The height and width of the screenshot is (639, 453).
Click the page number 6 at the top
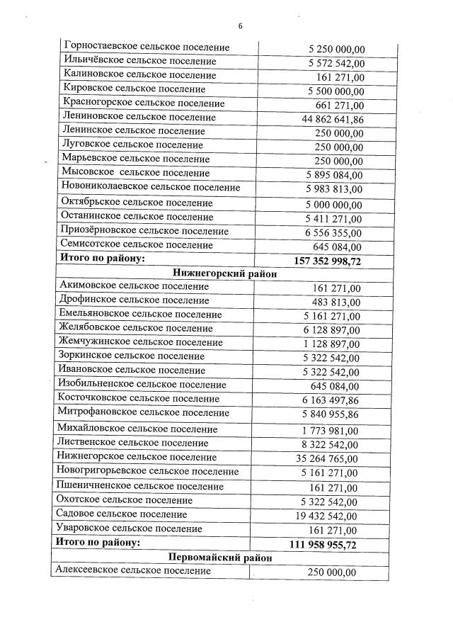coord(240,26)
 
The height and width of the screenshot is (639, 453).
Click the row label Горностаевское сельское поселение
coord(146,47)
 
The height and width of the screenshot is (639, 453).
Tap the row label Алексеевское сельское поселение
coord(133,570)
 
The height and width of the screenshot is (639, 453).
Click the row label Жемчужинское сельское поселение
coord(141,342)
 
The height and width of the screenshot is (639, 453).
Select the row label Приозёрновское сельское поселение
coord(145,231)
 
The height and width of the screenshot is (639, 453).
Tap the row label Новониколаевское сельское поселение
coord(151,187)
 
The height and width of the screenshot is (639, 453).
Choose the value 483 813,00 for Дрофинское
coord(335,302)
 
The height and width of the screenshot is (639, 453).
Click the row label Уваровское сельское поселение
coord(131,528)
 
